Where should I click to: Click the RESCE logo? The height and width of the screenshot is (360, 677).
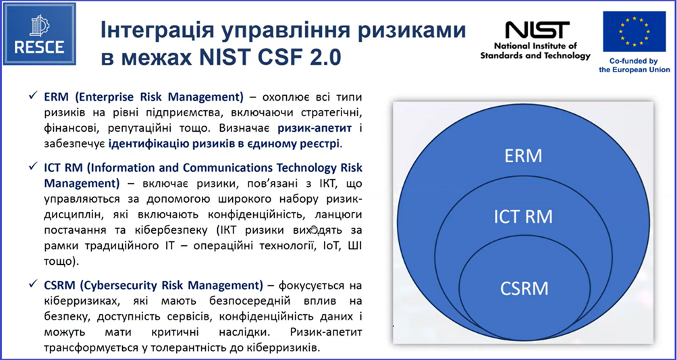coord(40,34)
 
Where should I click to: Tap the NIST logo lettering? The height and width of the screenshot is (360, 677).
coord(537,30)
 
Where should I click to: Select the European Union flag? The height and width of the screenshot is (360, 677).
coord(634,32)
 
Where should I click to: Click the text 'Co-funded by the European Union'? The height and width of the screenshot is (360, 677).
coord(634,66)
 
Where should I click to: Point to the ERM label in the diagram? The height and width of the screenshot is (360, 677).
coord(523,156)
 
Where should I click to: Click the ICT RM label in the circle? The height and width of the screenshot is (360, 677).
coord(523,217)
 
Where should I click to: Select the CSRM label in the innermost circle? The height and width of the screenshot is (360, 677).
coord(524,288)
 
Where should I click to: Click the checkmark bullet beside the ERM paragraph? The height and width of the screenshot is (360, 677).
coord(32,95)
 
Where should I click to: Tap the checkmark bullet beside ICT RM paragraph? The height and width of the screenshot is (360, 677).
coord(32,166)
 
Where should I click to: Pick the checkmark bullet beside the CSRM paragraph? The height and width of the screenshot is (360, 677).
coord(32,284)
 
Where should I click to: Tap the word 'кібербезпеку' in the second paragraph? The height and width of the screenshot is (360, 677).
coord(157,231)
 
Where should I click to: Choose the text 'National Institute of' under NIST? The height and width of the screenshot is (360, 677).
coord(535,46)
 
